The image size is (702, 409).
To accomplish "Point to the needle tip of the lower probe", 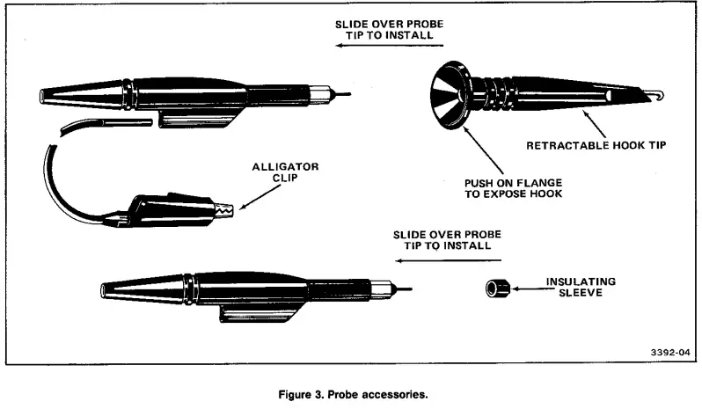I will point(404,288).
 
